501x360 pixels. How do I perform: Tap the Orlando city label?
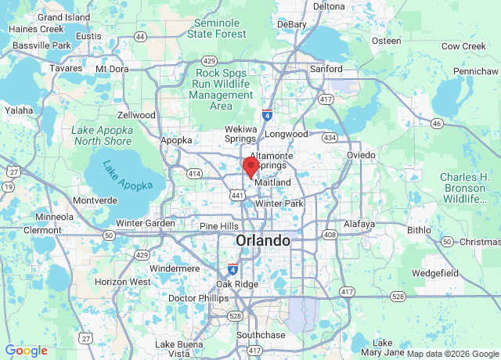tap(263, 240)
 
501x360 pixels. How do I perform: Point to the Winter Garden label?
tap(146, 223)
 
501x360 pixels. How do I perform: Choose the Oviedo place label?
tap(361, 155)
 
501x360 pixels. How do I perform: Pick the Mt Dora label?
tap(112, 68)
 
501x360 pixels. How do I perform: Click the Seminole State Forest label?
tap(222, 28)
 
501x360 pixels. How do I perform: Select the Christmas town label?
tap(480, 242)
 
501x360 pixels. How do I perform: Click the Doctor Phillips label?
tap(193, 298)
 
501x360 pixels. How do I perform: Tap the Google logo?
tap(27, 351)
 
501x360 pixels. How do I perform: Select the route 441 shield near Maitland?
tap(236, 194)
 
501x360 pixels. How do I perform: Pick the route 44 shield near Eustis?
tap(140, 36)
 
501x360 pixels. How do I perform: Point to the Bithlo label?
tap(419, 230)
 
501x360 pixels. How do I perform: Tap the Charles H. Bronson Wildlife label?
tap(465, 188)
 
